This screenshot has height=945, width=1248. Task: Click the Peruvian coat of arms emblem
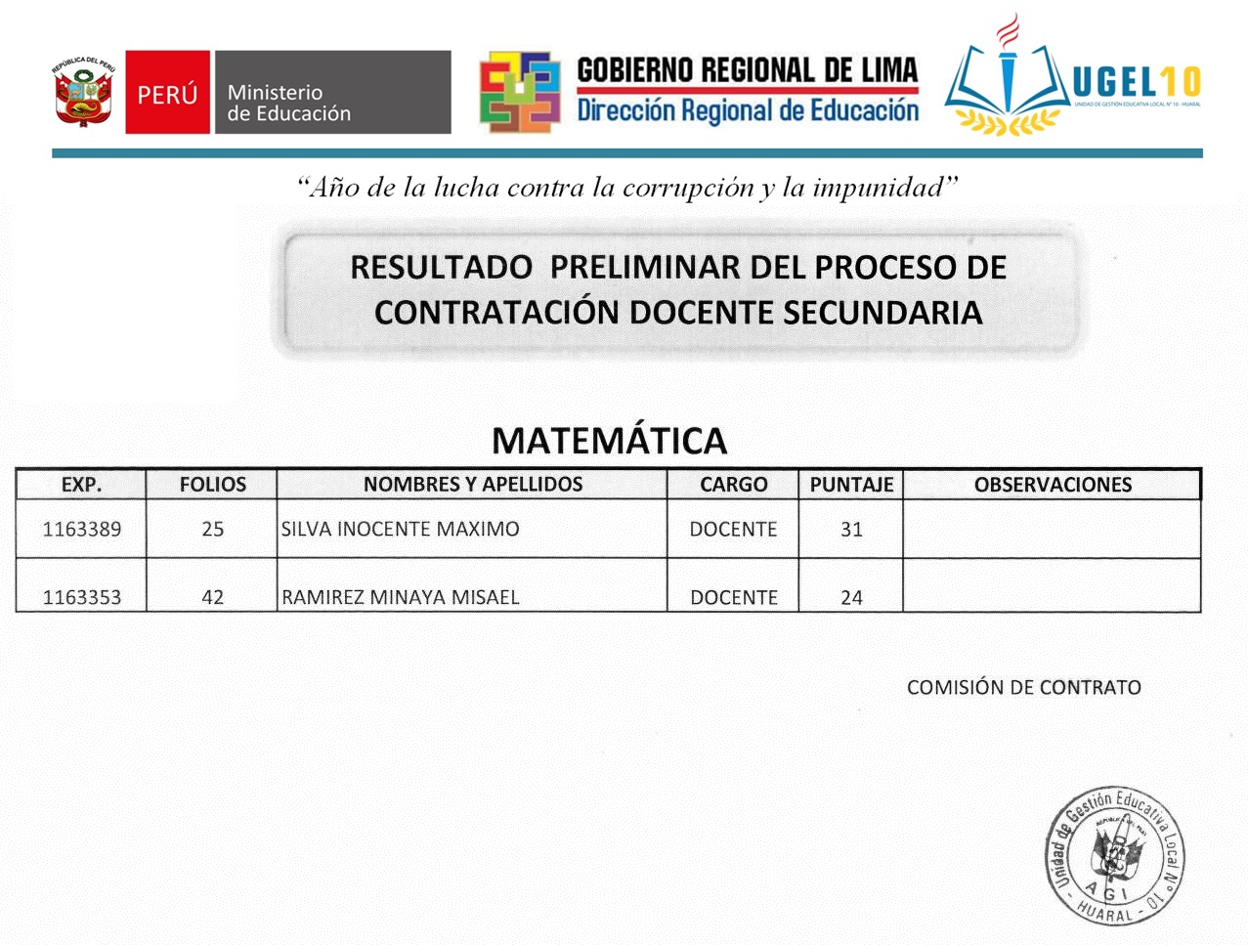click(83, 92)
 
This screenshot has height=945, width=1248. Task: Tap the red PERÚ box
click(167, 93)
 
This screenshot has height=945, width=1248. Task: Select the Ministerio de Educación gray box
click(332, 93)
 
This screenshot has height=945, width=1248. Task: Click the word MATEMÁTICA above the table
click(609, 441)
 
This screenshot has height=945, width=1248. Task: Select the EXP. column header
click(81, 485)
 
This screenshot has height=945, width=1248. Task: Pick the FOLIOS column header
click(212, 485)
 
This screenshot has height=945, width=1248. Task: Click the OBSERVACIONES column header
click(1053, 485)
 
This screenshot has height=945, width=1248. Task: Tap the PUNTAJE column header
click(851, 485)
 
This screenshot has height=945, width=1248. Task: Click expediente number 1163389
click(82, 530)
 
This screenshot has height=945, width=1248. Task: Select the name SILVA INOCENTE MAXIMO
click(400, 530)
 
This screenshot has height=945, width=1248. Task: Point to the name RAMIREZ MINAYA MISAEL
click(400, 597)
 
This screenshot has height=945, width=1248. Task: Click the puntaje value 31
click(851, 530)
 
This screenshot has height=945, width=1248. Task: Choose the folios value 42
click(212, 597)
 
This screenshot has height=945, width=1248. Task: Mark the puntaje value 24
click(851, 597)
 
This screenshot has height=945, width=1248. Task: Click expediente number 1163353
click(82, 597)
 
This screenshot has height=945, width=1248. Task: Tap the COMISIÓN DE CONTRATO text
click(1023, 687)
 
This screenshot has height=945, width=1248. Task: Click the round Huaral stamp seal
click(1114, 856)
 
